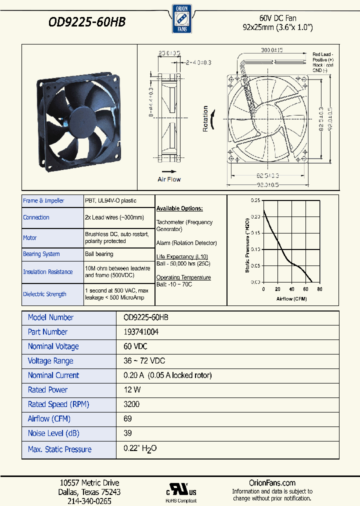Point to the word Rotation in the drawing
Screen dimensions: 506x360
[x=205, y=118]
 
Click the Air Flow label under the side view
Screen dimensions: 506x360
[x=169, y=179]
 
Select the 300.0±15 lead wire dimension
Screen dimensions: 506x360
[x=272, y=50]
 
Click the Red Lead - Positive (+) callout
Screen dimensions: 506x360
[x=323, y=57]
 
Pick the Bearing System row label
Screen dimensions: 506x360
[x=41, y=254]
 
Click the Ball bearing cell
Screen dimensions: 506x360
[x=99, y=254]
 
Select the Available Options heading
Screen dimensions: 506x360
[x=179, y=208]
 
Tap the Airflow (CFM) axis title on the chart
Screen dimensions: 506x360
[x=291, y=298]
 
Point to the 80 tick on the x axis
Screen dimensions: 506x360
[x=319, y=289]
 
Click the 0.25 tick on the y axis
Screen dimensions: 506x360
[x=255, y=200]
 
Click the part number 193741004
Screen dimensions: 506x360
[x=141, y=332]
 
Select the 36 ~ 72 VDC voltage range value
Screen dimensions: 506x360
[x=144, y=361]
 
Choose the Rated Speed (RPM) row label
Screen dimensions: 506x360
[x=58, y=404]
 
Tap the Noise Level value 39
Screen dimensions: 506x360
[x=128, y=433]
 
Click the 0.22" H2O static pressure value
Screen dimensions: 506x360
[x=140, y=449]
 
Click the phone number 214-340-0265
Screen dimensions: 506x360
[x=89, y=501]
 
